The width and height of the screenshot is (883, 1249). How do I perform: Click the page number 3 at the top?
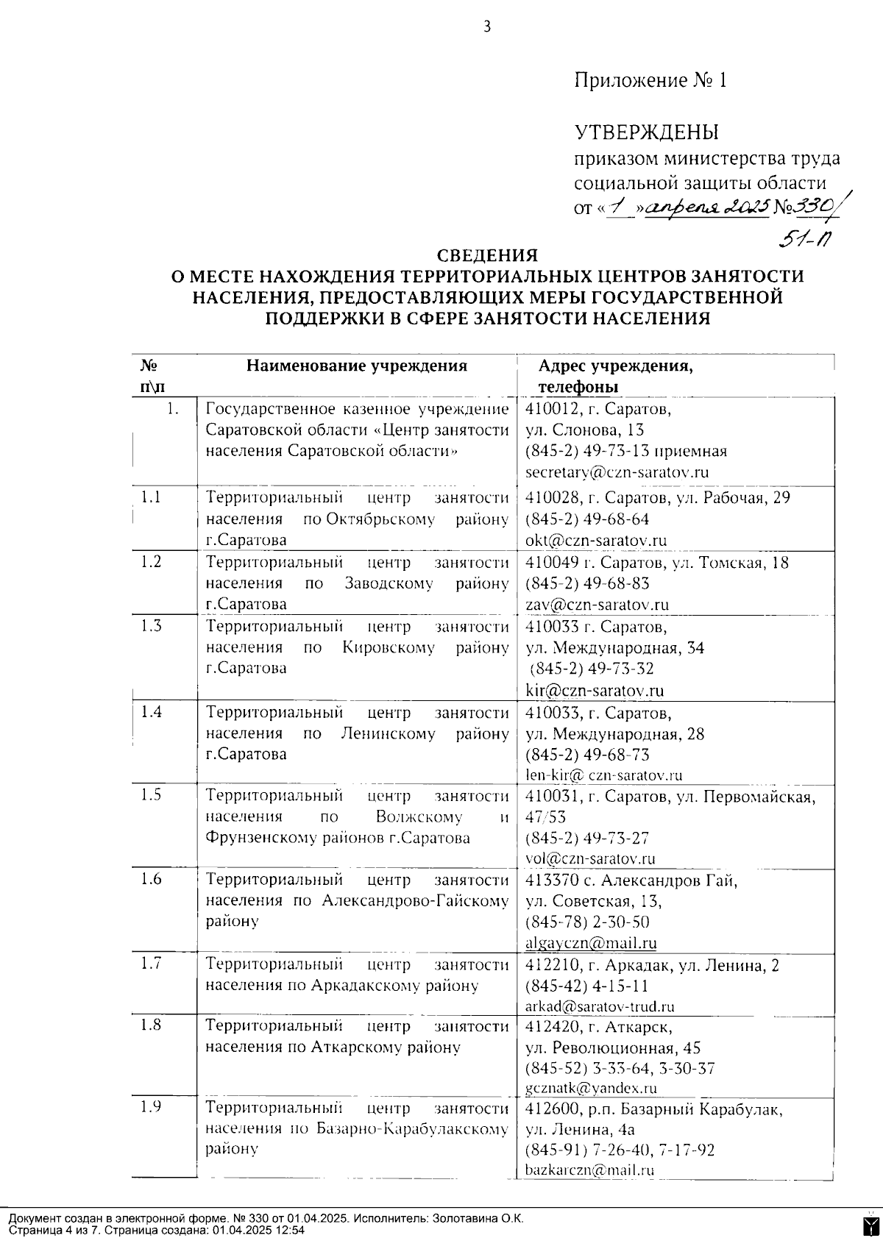[486, 27]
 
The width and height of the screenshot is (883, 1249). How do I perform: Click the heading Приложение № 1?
[650, 80]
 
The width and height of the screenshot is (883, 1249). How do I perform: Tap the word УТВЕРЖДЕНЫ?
[646, 132]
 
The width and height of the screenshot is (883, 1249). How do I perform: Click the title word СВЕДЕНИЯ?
[487, 255]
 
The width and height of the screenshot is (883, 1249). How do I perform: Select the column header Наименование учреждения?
[356, 366]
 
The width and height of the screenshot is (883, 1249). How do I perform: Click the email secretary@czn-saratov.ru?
[617, 472]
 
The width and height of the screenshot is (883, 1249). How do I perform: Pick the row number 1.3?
[151, 626]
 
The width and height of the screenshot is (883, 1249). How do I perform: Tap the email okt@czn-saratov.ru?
[596, 541]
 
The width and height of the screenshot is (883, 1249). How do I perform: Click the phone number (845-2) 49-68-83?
[587, 583]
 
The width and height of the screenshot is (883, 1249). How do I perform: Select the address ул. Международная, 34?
[614, 648]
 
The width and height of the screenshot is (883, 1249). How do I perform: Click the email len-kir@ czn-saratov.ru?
[604, 775]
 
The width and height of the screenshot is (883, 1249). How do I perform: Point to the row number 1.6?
[151, 879]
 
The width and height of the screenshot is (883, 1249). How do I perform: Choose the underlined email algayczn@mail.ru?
[591, 943]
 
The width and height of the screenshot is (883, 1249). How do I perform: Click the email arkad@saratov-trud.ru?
[600, 1007]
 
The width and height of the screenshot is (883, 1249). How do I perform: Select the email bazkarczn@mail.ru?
[589, 1170]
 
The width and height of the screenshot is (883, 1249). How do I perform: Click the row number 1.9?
[151, 1107]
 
